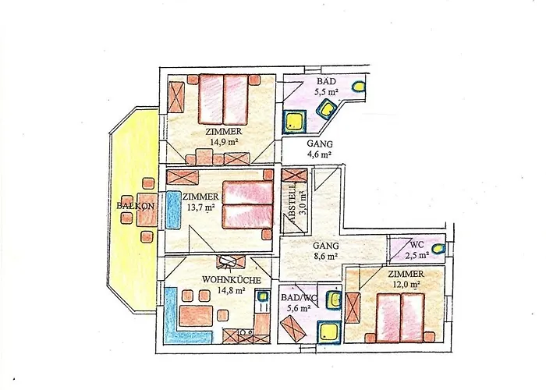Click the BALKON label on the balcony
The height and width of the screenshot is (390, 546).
tap(135, 206)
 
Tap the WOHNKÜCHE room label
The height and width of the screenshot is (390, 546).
tap(231, 280)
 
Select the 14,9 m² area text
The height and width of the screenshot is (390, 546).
tap(224, 142)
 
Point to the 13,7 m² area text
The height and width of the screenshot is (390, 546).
tap(200, 207)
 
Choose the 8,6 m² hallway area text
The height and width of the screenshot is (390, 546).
tap(325, 257)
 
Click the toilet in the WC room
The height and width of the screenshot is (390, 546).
tap(438, 249)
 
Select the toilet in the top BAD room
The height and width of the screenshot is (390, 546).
tap(359, 87)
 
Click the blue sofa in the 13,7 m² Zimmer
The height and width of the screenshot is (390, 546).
tap(172, 210)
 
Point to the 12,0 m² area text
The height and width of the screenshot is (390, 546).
tap(406, 284)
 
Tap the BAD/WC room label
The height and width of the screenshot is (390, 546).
tap(299, 298)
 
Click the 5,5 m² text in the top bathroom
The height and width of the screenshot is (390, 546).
tap(327, 92)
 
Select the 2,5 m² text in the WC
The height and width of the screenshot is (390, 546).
tap(417, 255)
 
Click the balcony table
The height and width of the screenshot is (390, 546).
tap(147, 209)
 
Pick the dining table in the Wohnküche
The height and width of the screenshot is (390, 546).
tap(196, 316)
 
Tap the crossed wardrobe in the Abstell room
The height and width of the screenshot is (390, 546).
tap(294, 175)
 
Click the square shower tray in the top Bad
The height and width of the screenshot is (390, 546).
tap(295, 122)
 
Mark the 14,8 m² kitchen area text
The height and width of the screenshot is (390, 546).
tap(231, 290)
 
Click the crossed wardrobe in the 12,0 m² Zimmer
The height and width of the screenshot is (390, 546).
tap(353, 308)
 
